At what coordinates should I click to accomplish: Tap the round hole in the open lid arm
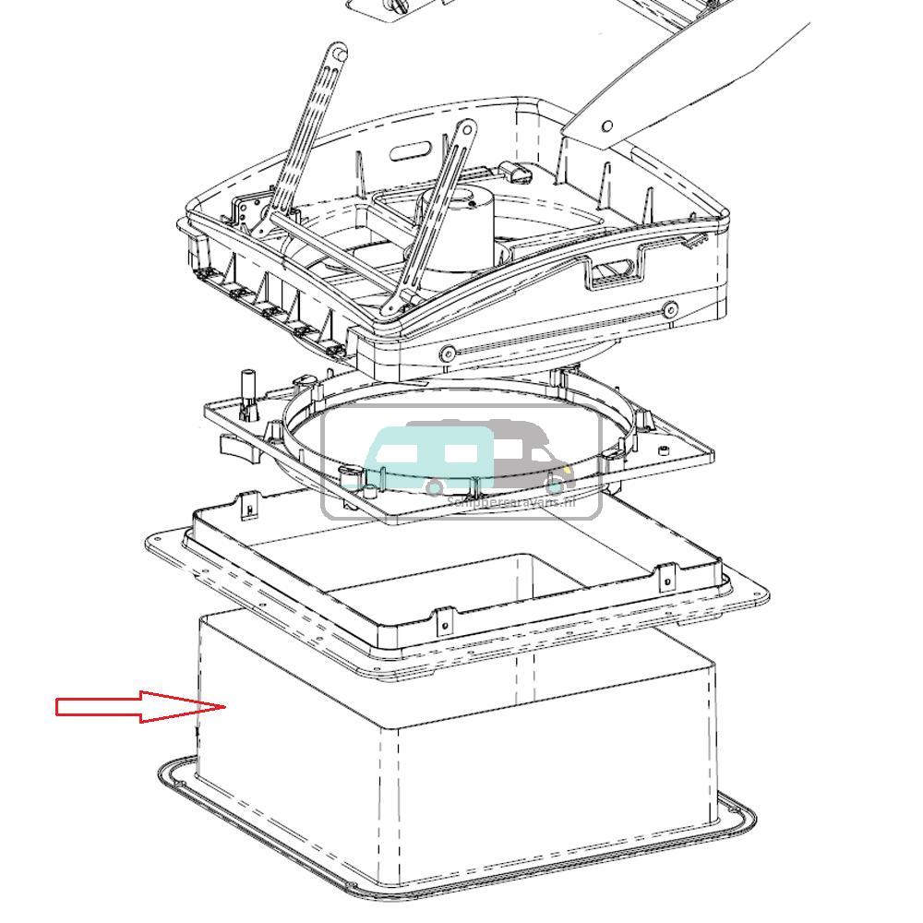coord(607,126)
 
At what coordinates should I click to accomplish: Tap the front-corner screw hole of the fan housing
coord(448,353)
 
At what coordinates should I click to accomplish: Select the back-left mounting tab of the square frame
coord(249,506)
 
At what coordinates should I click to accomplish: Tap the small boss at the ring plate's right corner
coord(662,450)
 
